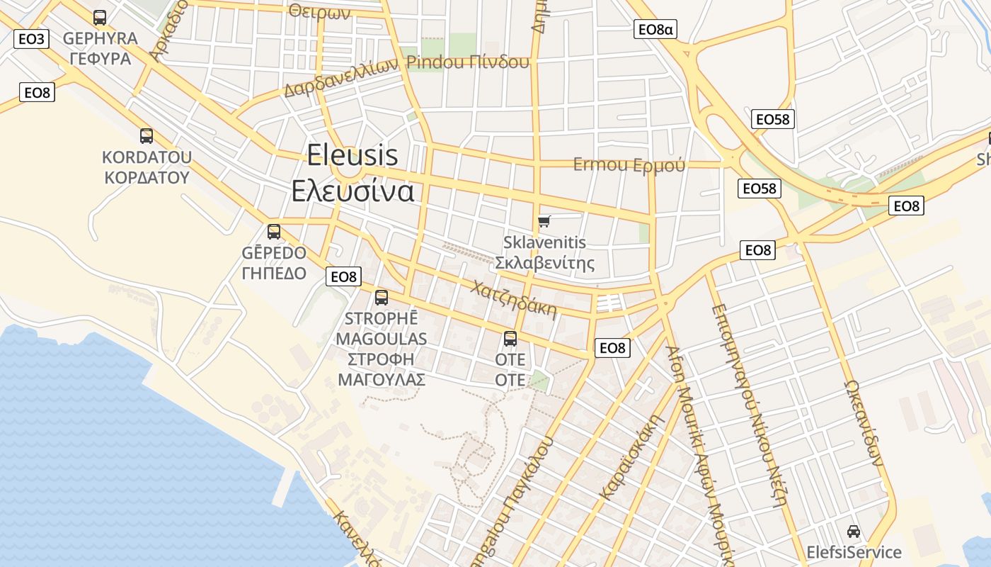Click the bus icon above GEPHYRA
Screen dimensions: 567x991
click(100, 18)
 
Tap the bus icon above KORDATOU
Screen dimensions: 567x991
click(147, 136)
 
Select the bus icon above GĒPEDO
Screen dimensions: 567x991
click(274, 232)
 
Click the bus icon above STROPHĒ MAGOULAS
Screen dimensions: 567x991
click(382, 298)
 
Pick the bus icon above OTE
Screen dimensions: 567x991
click(510, 339)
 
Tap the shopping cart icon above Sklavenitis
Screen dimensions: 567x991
click(544, 222)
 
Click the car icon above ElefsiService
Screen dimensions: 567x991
click(854, 532)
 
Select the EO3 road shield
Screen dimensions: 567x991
click(31, 38)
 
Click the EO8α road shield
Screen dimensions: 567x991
click(655, 29)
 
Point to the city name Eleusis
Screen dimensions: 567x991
click(353, 155)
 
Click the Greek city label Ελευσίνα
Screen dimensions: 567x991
click(353, 191)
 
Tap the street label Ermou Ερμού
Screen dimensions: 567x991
click(629, 164)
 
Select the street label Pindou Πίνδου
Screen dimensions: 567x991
click(468, 62)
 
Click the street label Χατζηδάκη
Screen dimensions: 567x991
click(513, 299)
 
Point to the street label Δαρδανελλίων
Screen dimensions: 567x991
click(343, 78)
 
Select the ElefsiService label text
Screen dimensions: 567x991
click(854, 552)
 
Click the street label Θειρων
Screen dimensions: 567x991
click(319, 11)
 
